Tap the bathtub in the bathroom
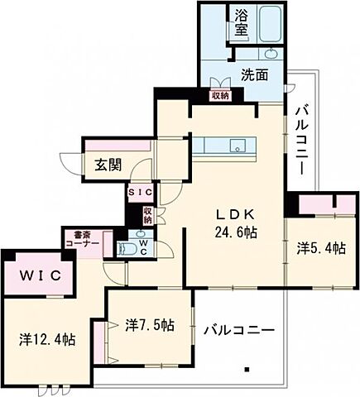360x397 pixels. click(x=271, y=24)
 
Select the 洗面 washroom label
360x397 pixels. click(x=255, y=74)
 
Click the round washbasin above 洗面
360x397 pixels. click(x=271, y=54)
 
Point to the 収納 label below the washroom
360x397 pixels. click(x=220, y=96)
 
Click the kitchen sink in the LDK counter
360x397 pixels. click(x=238, y=146)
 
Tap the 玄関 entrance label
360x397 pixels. click(x=108, y=165)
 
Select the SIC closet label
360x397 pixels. click(x=141, y=193)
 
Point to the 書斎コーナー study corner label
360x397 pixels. click(x=83, y=240)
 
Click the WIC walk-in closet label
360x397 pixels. click(x=41, y=275)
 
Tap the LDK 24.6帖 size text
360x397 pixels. click(x=236, y=224)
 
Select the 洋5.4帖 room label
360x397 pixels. click(x=321, y=248)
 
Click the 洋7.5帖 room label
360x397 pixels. click(x=150, y=325)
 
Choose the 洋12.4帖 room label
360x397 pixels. click(x=47, y=339)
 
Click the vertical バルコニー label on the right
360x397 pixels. click(x=302, y=141)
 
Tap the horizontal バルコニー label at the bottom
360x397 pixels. click(x=239, y=330)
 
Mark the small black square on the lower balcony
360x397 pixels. click(x=247, y=370)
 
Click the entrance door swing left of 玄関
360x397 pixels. click(x=71, y=164)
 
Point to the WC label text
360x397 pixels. click(x=144, y=247)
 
